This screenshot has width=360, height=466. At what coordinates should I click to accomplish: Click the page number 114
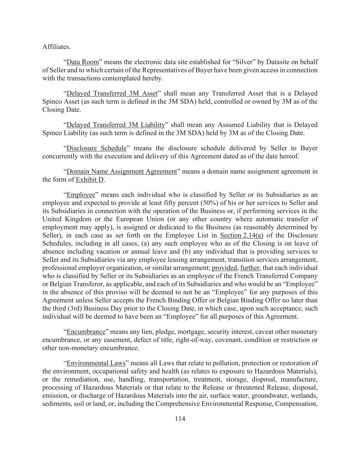(x=180, y=419)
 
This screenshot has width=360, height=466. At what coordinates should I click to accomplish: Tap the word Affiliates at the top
(x=56, y=47)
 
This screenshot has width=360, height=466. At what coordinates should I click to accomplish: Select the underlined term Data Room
(x=83, y=62)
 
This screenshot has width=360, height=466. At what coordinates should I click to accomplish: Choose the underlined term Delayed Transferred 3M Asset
(x=112, y=94)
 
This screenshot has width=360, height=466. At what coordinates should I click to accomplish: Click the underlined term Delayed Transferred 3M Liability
(x=116, y=125)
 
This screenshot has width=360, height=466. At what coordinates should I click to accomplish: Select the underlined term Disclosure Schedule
(x=96, y=148)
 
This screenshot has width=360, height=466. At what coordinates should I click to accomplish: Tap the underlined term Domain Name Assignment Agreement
(x=121, y=171)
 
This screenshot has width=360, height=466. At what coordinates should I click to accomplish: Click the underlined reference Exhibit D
(x=89, y=180)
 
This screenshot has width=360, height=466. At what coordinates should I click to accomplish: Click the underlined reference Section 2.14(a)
(x=242, y=236)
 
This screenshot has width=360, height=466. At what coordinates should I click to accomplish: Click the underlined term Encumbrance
(x=86, y=332)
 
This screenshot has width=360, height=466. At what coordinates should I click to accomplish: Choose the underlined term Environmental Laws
(x=96, y=363)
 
